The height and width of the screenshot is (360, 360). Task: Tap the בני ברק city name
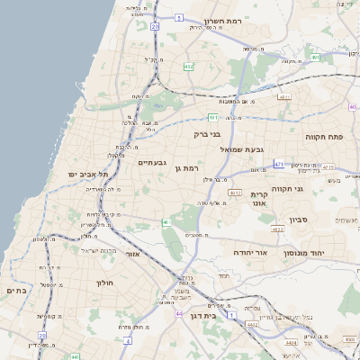pyautogui.click(x=206, y=134)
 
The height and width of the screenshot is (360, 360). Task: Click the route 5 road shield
pyautogui.click(x=179, y=17)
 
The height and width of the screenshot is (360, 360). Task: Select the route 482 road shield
pyautogui.click(x=187, y=67)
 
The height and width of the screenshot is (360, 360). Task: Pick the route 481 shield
pyautogui.click(x=212, y=117)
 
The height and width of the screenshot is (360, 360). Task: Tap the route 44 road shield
pyautogui.click(x=179, y=313)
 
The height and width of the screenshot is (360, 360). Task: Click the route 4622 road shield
pyautogui.click(x=277, y=229)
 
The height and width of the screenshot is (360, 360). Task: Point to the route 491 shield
pyautogui.click(x=316, y=58)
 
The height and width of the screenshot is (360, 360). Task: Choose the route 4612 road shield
pyautogui.click(x=235, y=193)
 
